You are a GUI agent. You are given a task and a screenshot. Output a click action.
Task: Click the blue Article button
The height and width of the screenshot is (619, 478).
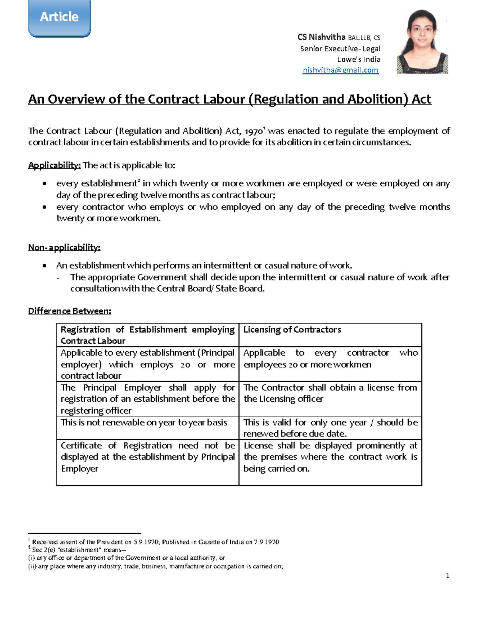[x=59, y=17]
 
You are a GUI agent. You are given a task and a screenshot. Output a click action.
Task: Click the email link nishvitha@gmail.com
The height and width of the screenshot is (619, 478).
[x=340, y=70]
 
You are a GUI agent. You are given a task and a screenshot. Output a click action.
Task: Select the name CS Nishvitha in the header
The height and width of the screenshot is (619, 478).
[x=321, y=37]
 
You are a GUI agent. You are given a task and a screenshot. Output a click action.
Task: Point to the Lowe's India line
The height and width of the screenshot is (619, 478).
[x=358, y=59]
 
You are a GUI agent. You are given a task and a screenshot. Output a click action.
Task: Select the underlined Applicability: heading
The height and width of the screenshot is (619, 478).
[x=54, y=165]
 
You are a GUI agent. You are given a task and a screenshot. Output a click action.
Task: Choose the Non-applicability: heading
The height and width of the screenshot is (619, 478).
[x=64, y=248]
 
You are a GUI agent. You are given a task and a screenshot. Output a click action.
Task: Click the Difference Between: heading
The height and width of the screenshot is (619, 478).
[x=69, y=311]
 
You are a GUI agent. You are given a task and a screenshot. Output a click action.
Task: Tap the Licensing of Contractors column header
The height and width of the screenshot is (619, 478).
[x=292, y=330]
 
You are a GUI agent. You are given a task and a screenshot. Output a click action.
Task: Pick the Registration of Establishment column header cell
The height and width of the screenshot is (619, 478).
[x=147, y=335]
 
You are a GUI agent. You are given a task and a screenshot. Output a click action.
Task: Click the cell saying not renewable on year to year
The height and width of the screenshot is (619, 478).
[x=144, y=422]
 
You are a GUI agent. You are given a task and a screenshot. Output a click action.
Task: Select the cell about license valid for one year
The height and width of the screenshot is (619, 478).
[x=330, y=428]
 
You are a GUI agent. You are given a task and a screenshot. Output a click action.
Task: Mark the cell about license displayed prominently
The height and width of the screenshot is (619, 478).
[x=330, y=457]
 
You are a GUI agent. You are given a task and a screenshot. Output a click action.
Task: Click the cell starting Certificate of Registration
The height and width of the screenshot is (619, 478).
[x=147, y=457]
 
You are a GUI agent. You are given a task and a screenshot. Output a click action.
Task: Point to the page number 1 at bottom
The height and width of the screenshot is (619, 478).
[x=448, y=575]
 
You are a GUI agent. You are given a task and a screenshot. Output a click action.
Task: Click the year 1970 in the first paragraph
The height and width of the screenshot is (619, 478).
[x=253, y=132]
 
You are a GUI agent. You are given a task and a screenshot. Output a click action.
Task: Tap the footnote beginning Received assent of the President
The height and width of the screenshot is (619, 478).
[x=155, y=542]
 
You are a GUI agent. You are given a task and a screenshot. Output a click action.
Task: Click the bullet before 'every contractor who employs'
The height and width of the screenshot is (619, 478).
[x=45, y=207]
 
